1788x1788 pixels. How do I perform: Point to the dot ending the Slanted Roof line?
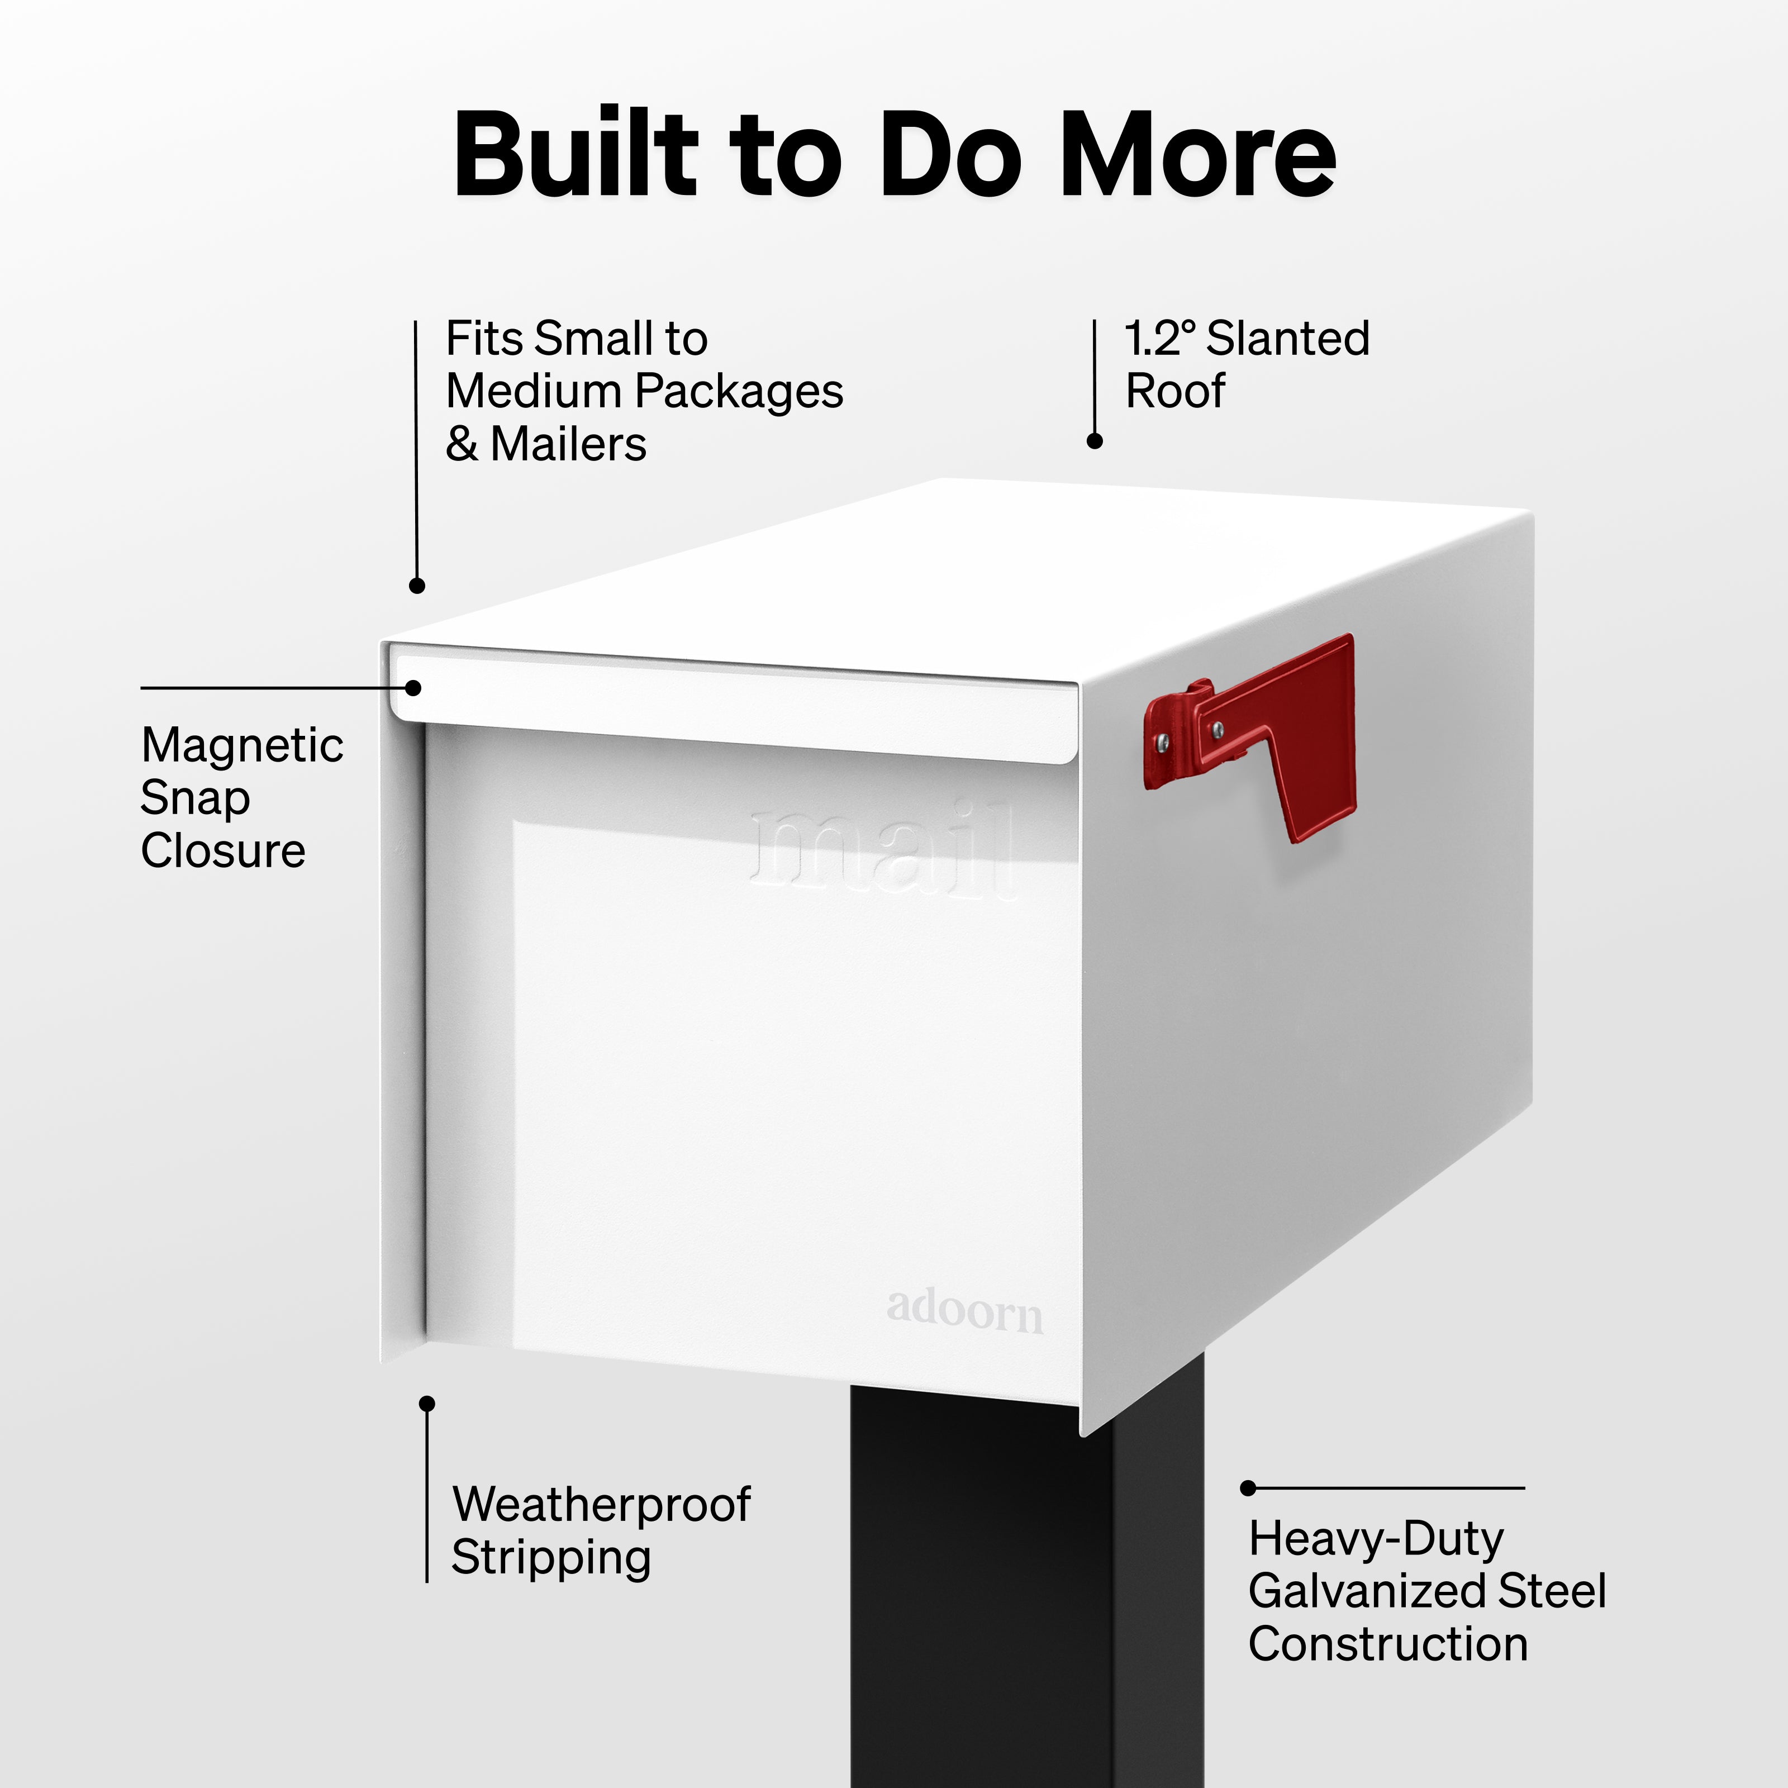click(1095, 441)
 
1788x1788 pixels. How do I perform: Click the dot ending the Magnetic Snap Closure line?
click(413, 688)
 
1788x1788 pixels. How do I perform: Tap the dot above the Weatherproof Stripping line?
click(427, 1404)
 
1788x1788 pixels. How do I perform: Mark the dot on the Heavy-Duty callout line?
click(1248, 1488)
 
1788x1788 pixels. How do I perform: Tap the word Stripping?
click(551, 1558)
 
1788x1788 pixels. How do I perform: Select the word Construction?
click(1387, 1644)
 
